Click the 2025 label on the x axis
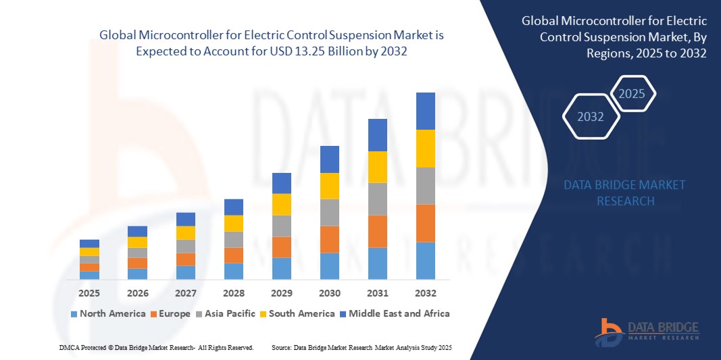tap(89, 293)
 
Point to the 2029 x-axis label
tap(282, 293)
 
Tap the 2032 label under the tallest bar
tap(426, 293)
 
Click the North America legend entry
tap(108, 313)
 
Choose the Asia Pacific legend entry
tap(226, 313)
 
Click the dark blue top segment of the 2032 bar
tap(426, 111)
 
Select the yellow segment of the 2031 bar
tap(378, 167)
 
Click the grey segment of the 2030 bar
tap(330, 212)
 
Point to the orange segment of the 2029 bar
tap(282, 247)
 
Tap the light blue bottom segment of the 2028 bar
tap(234, 271)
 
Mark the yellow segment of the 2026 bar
tap(137, 242)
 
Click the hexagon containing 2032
tap(591, 117)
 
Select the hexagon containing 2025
tap(632, 94)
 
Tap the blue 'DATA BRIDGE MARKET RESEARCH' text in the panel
tap(625, 192)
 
